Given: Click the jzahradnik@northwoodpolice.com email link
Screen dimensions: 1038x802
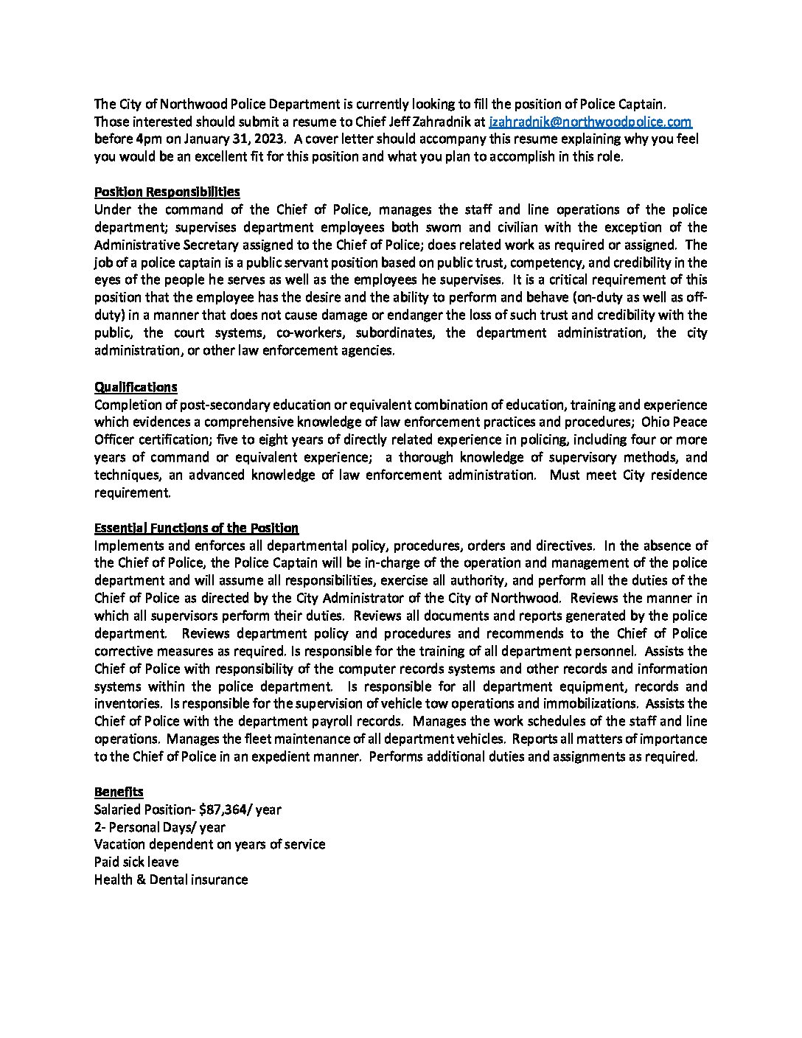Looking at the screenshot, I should point(590,122).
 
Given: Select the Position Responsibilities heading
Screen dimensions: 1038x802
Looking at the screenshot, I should point(167,192).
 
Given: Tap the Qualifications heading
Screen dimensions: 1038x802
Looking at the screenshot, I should point(136,387).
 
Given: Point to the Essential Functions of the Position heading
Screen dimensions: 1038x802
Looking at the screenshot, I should point(196,528).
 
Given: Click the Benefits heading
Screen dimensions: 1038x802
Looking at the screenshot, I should point(119,792).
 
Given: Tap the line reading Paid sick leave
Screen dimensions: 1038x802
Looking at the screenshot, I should point(136,862).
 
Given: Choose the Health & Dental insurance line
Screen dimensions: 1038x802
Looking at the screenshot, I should point(171,879).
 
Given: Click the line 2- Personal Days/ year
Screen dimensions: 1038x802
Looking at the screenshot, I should point(160,827).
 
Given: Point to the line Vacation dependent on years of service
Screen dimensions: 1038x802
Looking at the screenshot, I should point(209,845).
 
